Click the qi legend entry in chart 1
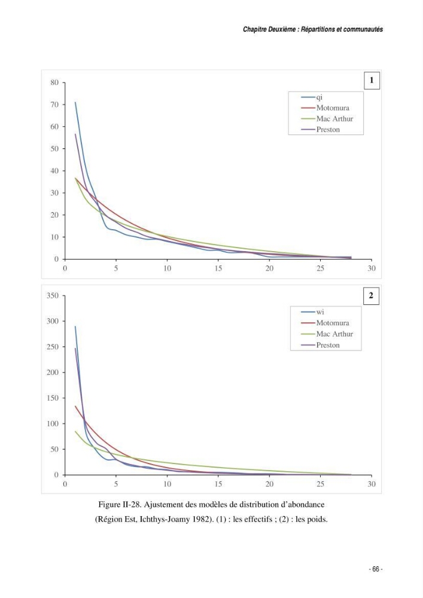[312, 97]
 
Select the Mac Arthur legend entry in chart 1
[327, 118]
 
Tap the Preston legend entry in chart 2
[320, 345]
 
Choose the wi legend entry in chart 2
[312, 312]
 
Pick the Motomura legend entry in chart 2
[325, 323]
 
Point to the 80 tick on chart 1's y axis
[54, 83]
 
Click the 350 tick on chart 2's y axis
[53, 295]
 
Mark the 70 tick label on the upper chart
[54, 105]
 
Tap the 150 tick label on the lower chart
[53, 398]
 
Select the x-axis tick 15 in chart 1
[218, 268]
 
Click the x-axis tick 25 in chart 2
[321, 484]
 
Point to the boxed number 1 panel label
[372, 81]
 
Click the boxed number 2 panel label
[371, 295]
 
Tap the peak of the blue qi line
[75, 102]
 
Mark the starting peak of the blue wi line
[75, 327]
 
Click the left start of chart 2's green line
[75, 431]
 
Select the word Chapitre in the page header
[255, 29]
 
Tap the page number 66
[376, 569]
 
